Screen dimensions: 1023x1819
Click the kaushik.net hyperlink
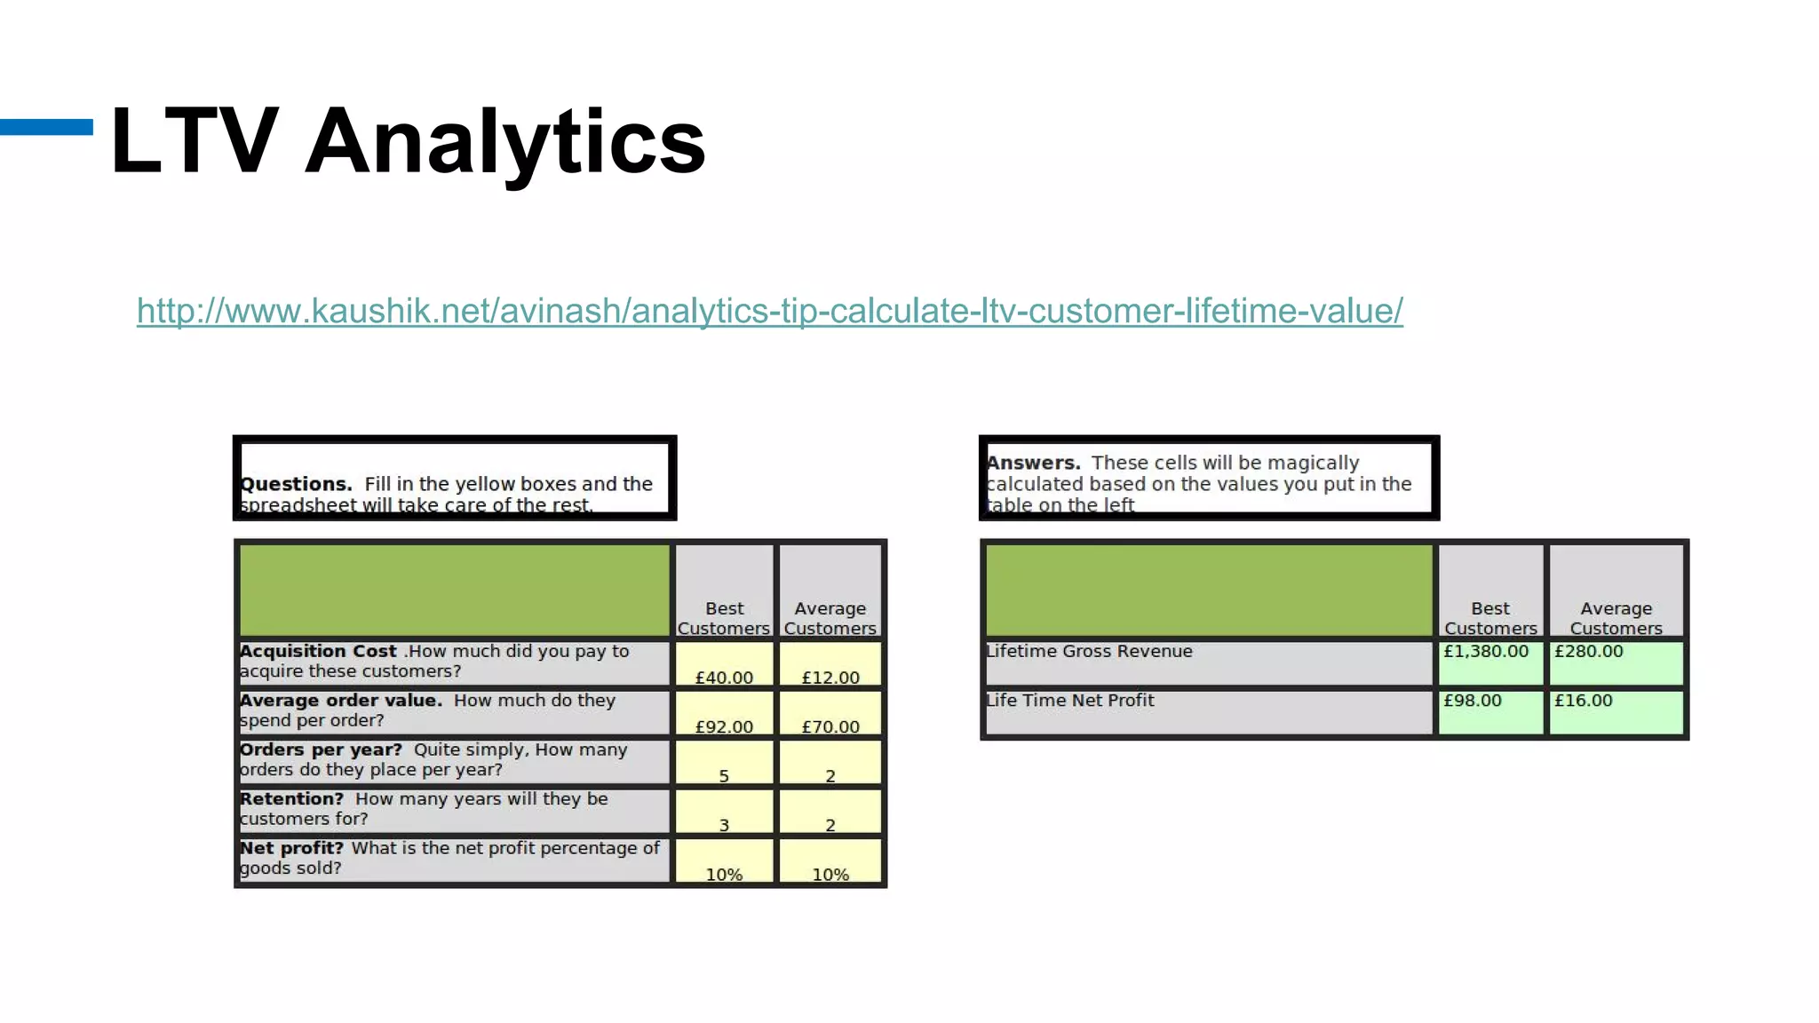769,311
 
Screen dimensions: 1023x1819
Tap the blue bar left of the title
46,127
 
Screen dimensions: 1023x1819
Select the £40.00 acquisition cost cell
724,664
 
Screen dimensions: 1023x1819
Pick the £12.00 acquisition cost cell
830,664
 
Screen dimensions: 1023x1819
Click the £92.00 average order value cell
724,714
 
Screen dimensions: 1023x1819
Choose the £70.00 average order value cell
830,714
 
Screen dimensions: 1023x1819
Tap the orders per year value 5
724,764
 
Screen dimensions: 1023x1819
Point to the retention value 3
724,813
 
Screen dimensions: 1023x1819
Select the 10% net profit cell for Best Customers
724,862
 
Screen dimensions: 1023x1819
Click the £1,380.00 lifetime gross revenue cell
1489,662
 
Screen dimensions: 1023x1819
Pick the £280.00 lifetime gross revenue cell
1616,662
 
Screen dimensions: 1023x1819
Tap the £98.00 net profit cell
1489,712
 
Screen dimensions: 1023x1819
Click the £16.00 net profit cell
1616,712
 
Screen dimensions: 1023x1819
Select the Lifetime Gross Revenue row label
1089,651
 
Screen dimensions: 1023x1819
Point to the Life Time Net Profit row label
1069,701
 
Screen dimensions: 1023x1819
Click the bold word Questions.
296,484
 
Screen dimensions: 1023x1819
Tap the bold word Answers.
1033,463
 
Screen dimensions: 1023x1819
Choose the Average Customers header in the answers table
1616,618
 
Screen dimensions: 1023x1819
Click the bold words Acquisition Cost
318,651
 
